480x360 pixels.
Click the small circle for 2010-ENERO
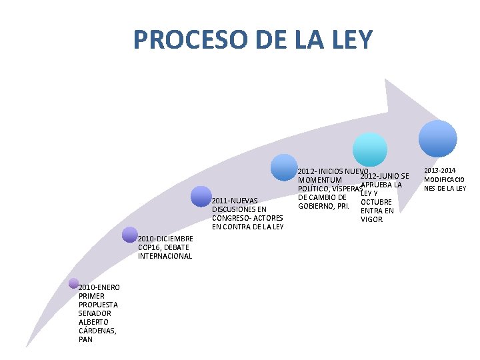tap(73, 283)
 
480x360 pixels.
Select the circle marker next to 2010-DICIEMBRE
tap(130, 234)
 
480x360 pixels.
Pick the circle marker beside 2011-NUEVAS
tap(201, 197)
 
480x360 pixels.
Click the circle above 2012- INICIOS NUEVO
tap(285, 167)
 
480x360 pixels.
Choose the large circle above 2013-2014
tap(438, 138)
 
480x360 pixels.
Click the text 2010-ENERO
tap(99, 287)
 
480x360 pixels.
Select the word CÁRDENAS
tap(97, 331)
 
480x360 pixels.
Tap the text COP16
tap(149, 247)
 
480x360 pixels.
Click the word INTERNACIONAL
tap(165, 256)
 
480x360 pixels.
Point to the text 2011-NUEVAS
tap(235, 201)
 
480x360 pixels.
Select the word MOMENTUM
tap(320, 180)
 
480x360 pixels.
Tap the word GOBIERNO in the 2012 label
tap(319, 206)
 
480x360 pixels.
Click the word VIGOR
tap(371, 219)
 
